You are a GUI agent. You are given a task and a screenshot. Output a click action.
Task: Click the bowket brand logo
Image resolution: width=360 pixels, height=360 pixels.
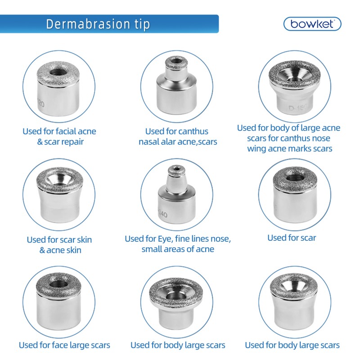[312, 23]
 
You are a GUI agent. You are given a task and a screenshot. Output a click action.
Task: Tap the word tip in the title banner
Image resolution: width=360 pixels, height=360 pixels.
[141, 24]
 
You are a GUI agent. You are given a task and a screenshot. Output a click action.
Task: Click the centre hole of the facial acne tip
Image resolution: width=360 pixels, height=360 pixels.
[57, 72]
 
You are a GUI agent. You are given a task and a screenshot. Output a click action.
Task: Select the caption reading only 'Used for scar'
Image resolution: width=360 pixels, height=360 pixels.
[292, 238]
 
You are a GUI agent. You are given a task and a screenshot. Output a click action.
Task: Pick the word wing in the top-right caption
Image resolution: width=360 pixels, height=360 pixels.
[257, 148]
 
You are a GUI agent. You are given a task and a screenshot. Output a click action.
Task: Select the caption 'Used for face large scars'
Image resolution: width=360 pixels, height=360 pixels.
[64, 345]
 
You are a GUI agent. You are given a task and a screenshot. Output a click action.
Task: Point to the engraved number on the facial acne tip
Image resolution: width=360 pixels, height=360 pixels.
[40, 103]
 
